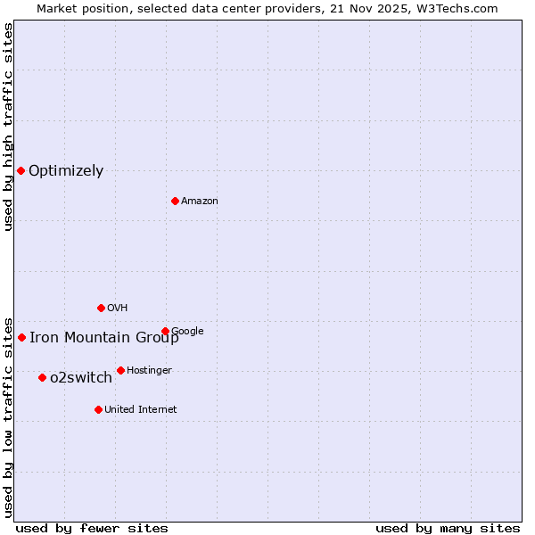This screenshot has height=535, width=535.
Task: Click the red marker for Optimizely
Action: pyautogui.click(x=21, y=170)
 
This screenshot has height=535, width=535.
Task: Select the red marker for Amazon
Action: pyautogui.click(x=175, y=201)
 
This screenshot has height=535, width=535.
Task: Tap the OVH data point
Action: pyautogui.click(x=101, y=308)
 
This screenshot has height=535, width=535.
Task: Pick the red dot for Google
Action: pyautogui.click(x=165, y=331)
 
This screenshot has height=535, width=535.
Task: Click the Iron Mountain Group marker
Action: pyautogui.click(x=21, y=337)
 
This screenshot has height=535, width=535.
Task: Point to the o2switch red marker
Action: pyautogui.click(x=42, y=377)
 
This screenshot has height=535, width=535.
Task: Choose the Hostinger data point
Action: pyautogui.click(x=120, y=370)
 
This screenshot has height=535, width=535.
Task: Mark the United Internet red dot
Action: pyautogui.click(x=98, y=409)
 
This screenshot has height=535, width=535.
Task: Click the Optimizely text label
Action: pyautogui.click(x=66, y=171)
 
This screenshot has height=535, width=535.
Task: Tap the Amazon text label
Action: pyautogui.click(x=200, y=202)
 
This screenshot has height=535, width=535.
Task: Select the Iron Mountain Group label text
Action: pyautogui.click(x=104, y=337)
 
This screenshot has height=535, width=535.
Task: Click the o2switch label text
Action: pyautogui.click(x=81, y=378)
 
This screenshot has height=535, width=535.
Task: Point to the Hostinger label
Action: pyautogui.click(x=149, y=370)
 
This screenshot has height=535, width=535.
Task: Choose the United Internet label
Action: pyautogui.click(x=141, y=410)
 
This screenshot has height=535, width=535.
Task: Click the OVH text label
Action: pyautogui.click(x=118, y=309)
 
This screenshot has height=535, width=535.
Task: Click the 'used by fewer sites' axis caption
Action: pyautogui.click(x=92, y=529)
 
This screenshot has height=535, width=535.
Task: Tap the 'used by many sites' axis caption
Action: pyautogui.click(x=448, y=529)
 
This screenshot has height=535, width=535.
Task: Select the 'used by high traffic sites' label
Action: pyautogui.click(x=9, y=127)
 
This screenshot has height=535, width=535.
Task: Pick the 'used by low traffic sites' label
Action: pyautogui.click(x=9, y=416)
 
